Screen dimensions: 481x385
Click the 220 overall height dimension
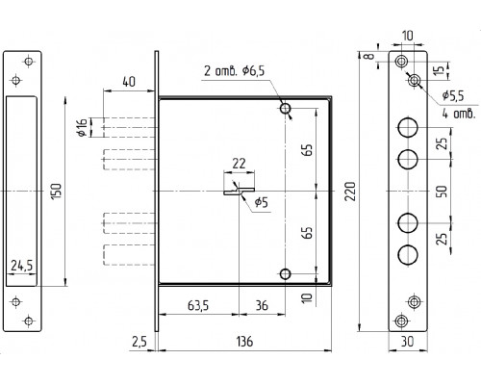pos(350,192)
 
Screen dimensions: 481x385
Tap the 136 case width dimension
pos(244,342)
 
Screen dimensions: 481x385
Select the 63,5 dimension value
pos(198,305)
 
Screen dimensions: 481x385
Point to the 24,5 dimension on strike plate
pos(21,266)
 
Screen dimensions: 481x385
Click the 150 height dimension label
pos(57,192)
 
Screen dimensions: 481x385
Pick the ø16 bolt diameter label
pos(83,127)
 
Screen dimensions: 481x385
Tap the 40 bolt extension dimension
pos(129,82)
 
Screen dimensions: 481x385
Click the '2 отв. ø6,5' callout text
pos(235,70)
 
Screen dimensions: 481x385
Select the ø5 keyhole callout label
pos(261,202)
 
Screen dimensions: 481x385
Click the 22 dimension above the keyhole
pos(239,164)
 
